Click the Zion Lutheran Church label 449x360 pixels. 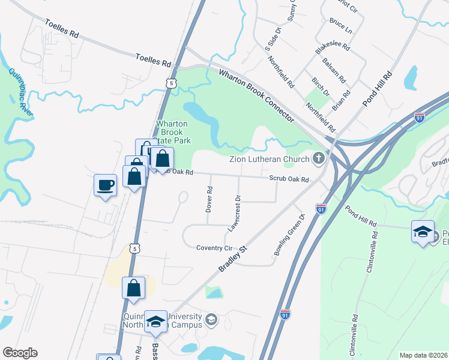point(270,159)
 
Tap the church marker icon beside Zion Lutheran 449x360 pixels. point(319,159)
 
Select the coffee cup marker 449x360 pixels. point(106,185)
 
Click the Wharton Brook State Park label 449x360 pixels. point(173,132)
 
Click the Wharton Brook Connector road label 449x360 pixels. point(256,97)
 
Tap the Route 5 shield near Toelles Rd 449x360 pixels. point(172,83)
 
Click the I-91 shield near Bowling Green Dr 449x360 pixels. point(321,209)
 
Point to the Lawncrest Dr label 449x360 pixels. point(235,213)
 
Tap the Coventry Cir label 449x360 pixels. point(214,247)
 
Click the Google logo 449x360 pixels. point(20,353)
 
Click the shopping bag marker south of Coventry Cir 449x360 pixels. point(133,288)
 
